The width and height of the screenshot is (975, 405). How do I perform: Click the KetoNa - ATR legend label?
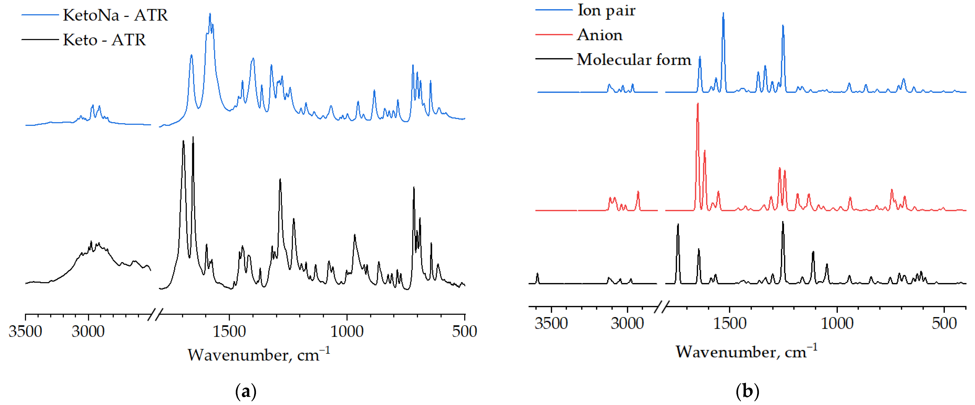point(115,15)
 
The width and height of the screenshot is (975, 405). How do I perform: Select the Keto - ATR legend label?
point(104,40)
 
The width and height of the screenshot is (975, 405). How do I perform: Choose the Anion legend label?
point(599,35)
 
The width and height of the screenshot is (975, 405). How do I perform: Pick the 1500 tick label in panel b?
point(729,323)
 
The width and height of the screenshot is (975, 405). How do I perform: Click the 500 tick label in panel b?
point(944,323)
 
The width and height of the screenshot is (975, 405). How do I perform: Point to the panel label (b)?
point(747,391)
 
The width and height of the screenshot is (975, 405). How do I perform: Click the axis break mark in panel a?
point(155,314)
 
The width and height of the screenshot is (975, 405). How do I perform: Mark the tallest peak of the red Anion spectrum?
point(698,104)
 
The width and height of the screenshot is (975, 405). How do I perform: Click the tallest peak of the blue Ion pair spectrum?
point(723,13)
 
